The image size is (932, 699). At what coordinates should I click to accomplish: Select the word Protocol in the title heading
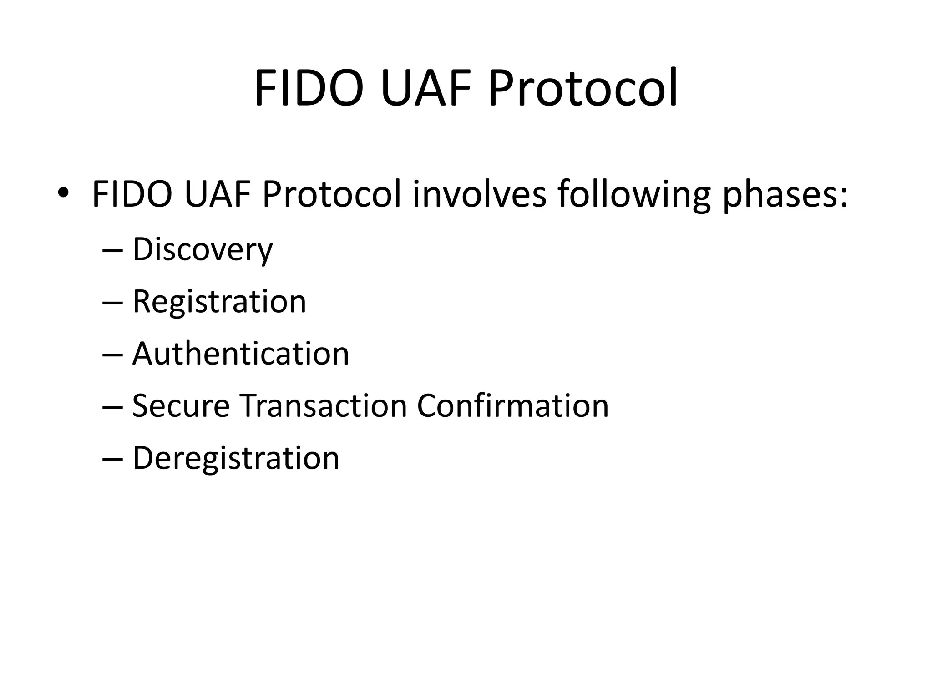pos(583,88)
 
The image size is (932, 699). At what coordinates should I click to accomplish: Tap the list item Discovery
pos(202,249)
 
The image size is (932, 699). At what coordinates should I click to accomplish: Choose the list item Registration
pos(219,302)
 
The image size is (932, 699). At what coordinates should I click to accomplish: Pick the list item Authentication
pos(240,354)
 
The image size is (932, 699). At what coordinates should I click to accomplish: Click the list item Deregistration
pos(236,458)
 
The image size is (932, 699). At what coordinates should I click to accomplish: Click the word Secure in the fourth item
pos(181,405)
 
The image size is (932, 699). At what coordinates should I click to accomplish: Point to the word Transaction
pos(323,405)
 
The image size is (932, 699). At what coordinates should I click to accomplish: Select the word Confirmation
pos(512,405)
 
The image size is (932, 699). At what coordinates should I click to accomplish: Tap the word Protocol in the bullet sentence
pos(332,194)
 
